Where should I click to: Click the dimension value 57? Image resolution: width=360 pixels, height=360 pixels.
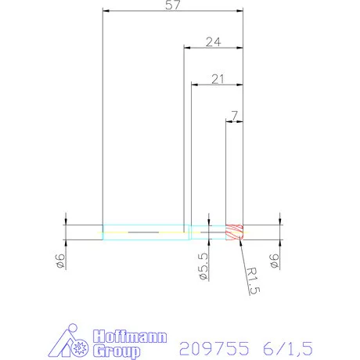coord(172,6)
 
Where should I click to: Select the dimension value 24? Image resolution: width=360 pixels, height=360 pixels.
coord(213,42)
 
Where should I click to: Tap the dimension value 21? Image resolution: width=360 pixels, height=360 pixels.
coord(218,78)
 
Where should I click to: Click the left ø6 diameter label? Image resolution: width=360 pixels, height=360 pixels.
coord(60,261)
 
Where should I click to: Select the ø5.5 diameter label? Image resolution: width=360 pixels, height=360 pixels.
coord(203,267)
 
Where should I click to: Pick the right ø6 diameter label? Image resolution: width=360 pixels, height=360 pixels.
coord(274,261)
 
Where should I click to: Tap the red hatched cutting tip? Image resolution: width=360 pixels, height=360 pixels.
coord(235,232)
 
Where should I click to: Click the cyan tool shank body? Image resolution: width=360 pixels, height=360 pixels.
coord(145,232)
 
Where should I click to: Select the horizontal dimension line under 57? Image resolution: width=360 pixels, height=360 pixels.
coord(172,12)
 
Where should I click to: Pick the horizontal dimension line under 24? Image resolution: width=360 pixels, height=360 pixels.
coord(213,48)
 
